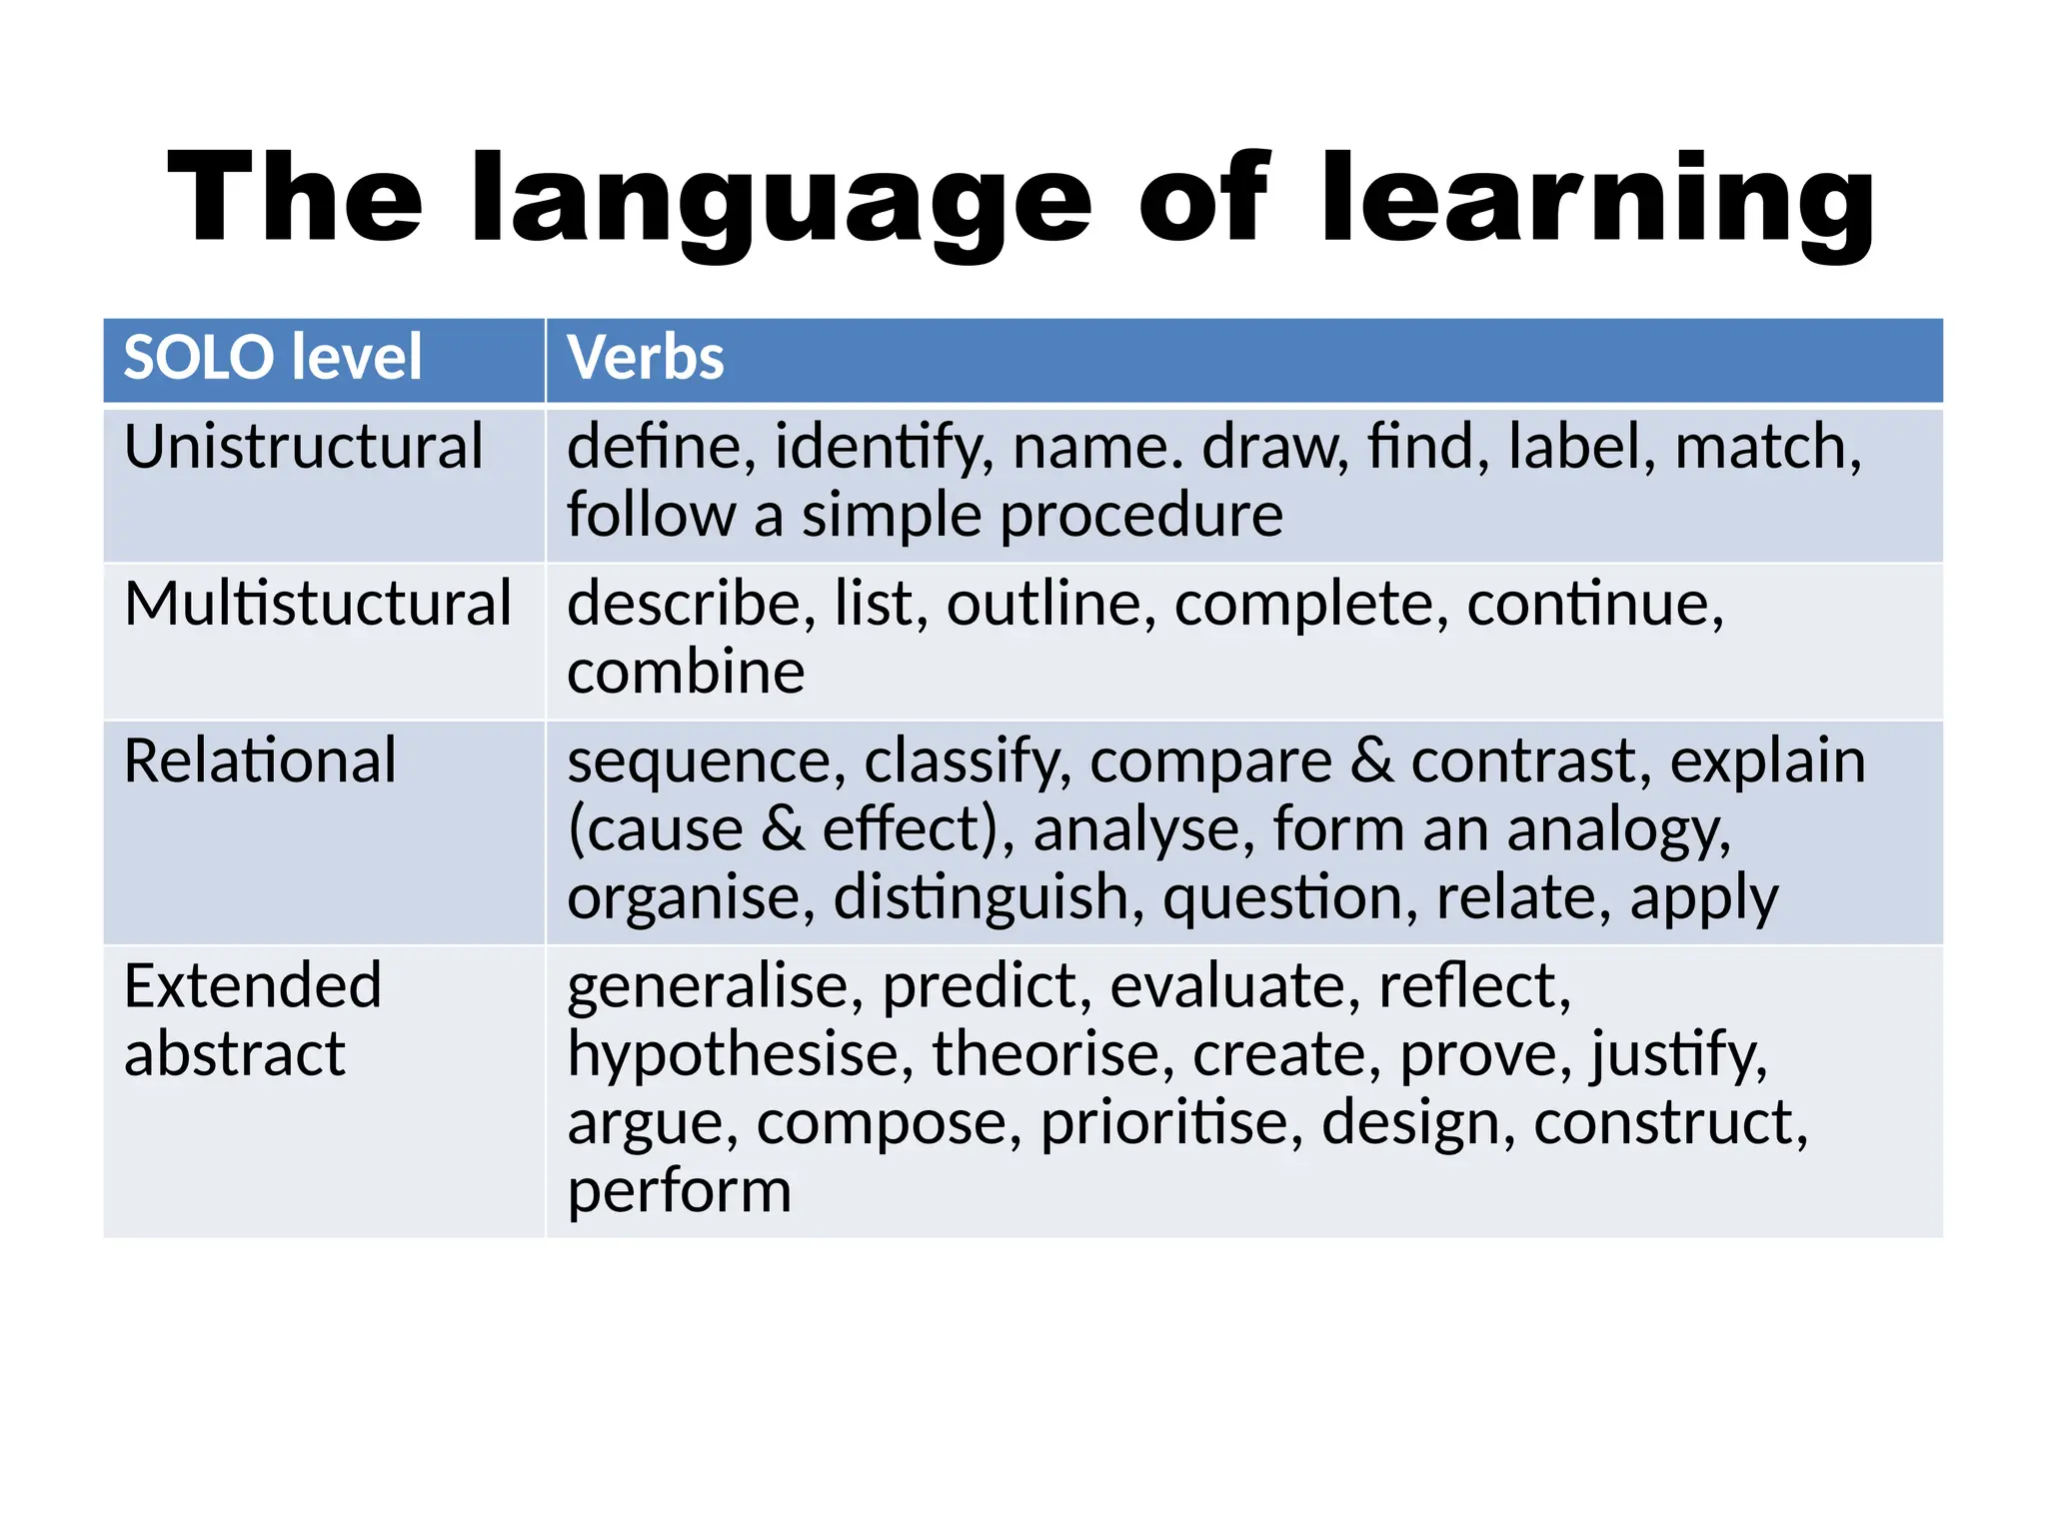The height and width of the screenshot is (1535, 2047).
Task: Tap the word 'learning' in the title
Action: pyautogui.click(x=1596, y=200)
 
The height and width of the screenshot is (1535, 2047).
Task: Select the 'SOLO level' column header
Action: pyautogui.click(x=273, y=358)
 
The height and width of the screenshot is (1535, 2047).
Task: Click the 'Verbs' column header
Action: pyautogui.click(x=646, y=358)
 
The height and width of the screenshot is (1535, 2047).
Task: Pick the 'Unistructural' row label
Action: pyautogui.click(x=304, y=447)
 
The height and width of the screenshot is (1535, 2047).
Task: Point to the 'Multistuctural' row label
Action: pyautogui.click(x=318, y=604)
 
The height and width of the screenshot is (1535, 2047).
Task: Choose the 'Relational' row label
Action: pyautogui.click(x=260, y=761)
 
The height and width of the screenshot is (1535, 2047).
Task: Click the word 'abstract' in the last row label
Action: pyautogui.click(x=235, y=1054)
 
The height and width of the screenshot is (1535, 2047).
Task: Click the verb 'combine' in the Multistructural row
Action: pyautogui.click(x=686, y=672)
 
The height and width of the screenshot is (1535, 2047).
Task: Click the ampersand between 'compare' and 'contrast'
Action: pyautogui.click(x=1371, y=761)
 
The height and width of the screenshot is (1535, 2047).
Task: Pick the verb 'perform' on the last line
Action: pyautogui.click(x=680, y=1191)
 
